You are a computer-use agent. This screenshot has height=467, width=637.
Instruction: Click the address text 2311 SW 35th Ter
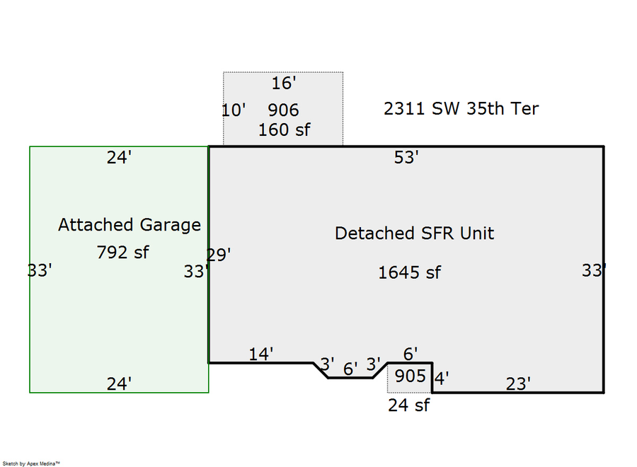pos(461,108)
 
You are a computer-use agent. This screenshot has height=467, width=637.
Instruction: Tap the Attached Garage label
pos(130,225)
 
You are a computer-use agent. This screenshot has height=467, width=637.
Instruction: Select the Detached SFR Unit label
pos(414,233)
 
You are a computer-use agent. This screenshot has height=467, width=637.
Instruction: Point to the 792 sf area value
pos(122,251)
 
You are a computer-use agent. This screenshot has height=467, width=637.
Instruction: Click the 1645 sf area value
pos(409,272)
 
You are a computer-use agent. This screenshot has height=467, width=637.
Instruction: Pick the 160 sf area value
pos(284,130)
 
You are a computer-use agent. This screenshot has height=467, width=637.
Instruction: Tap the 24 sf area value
pos(408,405)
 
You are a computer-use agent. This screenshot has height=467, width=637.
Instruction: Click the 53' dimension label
pos(406,158)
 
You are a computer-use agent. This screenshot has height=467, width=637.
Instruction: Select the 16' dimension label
pos(283,83)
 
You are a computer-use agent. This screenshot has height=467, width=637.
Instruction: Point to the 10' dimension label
pos(234,110)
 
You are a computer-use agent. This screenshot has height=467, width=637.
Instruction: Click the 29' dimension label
pos(219,255)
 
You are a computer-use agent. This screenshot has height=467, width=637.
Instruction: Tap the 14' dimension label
pos(260,354)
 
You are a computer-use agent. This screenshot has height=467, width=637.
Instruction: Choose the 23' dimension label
pos(518,384)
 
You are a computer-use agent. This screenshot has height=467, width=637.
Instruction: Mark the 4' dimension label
pos(441,379)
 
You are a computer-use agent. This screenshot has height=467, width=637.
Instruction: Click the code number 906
pos(283,110)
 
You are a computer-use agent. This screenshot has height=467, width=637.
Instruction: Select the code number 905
pos(411,376)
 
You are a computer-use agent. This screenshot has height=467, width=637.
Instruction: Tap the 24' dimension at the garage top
pos(119,158)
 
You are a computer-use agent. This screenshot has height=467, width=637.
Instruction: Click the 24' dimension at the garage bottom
pos(119,384)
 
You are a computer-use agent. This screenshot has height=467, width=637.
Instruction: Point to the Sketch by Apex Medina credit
pos(31,463)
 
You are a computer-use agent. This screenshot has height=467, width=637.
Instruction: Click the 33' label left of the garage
pos(40,270)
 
